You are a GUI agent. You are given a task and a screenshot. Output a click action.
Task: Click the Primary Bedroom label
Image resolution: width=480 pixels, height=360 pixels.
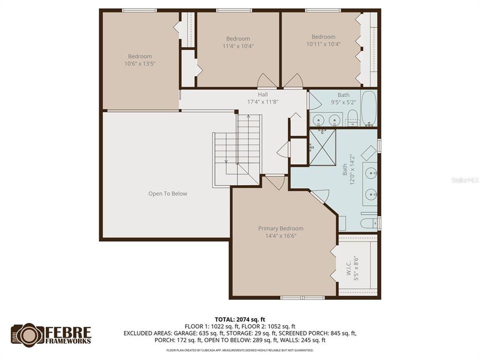(280, 228)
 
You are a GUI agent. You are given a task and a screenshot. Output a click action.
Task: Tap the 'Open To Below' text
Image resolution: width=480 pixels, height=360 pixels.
(167, 193)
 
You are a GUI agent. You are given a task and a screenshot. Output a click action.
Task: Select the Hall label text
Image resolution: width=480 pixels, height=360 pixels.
(262, 94)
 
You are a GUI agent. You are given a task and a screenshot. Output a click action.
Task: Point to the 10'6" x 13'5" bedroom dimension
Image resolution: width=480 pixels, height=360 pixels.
(139, 63)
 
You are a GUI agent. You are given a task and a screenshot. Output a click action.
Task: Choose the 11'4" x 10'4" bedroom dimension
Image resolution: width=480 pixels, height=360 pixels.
(238, 46)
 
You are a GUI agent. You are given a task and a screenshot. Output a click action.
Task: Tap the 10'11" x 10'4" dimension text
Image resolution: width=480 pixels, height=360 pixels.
(323, 44)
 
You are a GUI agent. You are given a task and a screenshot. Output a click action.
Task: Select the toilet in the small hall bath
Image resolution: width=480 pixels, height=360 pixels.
(352, 118)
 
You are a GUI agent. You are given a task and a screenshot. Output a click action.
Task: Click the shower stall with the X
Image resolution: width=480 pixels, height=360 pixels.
(322, 147)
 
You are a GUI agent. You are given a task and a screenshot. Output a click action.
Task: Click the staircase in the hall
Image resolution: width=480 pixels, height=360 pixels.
(237, 150)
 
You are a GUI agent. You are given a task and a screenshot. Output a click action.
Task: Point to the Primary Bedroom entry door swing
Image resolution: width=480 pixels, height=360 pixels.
(274, 182)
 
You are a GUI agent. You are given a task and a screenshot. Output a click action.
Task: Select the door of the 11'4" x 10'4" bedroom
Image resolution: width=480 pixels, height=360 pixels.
(265, 81)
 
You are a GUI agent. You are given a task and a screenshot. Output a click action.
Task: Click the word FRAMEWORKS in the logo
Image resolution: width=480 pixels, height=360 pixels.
(68, 341)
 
